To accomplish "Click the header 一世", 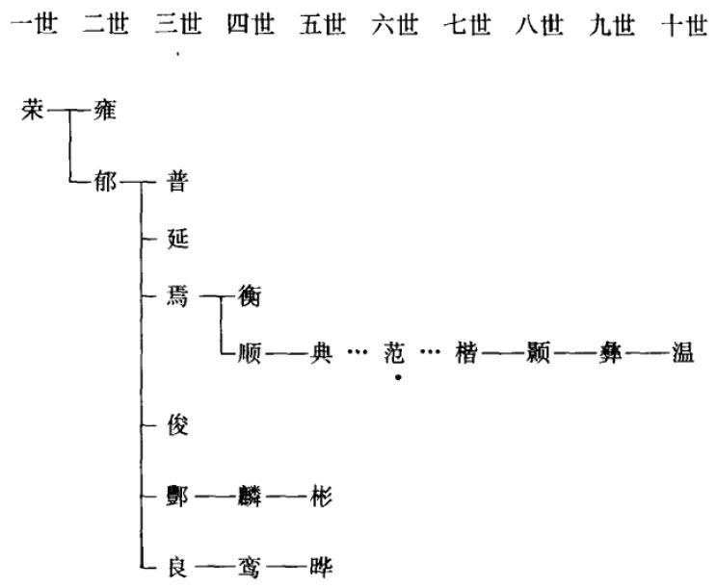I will (x=33, y=25).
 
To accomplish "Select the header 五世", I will (x=322, y=25).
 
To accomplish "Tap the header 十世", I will (x=684, y=25).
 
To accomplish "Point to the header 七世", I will (x=466, y=25).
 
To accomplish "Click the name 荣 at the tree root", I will (x=31, y=111).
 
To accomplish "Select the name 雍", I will (x=104, y=111).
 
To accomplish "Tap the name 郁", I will (x=104, y=183).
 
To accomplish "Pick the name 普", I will (x=177, y=183).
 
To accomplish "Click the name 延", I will (x=177, y=238).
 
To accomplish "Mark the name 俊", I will (x=177, y=424).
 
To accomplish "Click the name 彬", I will (x=321, y=497).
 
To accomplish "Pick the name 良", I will (x=177, y=564).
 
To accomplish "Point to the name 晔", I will (x=321, y=564).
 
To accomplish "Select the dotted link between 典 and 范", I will (x=357, y=353).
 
